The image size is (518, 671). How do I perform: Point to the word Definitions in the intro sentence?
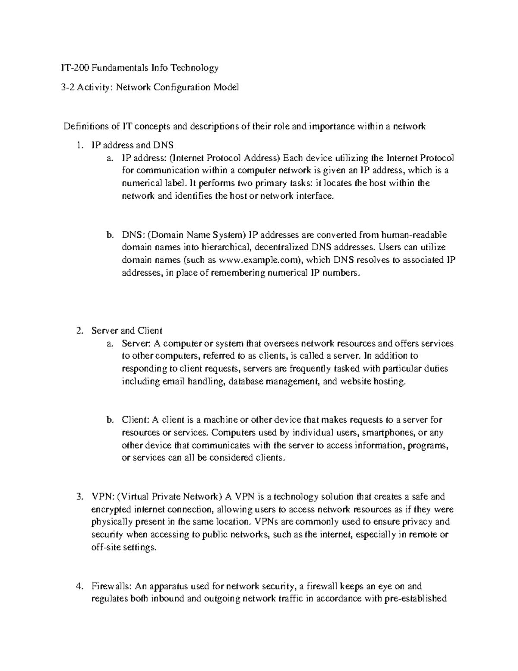pyautogui.click(x=85, y=126)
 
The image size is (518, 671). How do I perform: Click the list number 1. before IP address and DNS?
pyautogui.click(x=78, y=146)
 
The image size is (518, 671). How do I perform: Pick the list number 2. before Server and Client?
pyautogui.click(x=78, y=331)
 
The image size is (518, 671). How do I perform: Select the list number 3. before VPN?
pyautogui.click(x=78, y=496)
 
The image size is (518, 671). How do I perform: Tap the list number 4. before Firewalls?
pyautogui.click(x=78, y=586)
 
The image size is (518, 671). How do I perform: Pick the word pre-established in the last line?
pyautogui.click(x=415, y=599)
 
